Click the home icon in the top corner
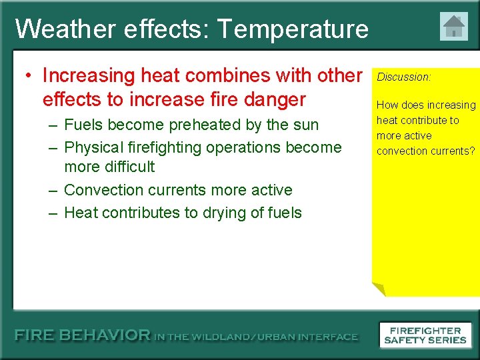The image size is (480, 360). point(454,27)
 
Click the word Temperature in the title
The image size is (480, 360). point(293,29)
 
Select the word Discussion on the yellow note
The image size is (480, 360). point(403,77)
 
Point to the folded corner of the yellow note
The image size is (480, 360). point(378,289)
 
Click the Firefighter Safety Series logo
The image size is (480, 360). point(425,335)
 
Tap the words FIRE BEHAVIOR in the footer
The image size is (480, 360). point(83,336)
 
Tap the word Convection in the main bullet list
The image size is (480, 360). point(105,190)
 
